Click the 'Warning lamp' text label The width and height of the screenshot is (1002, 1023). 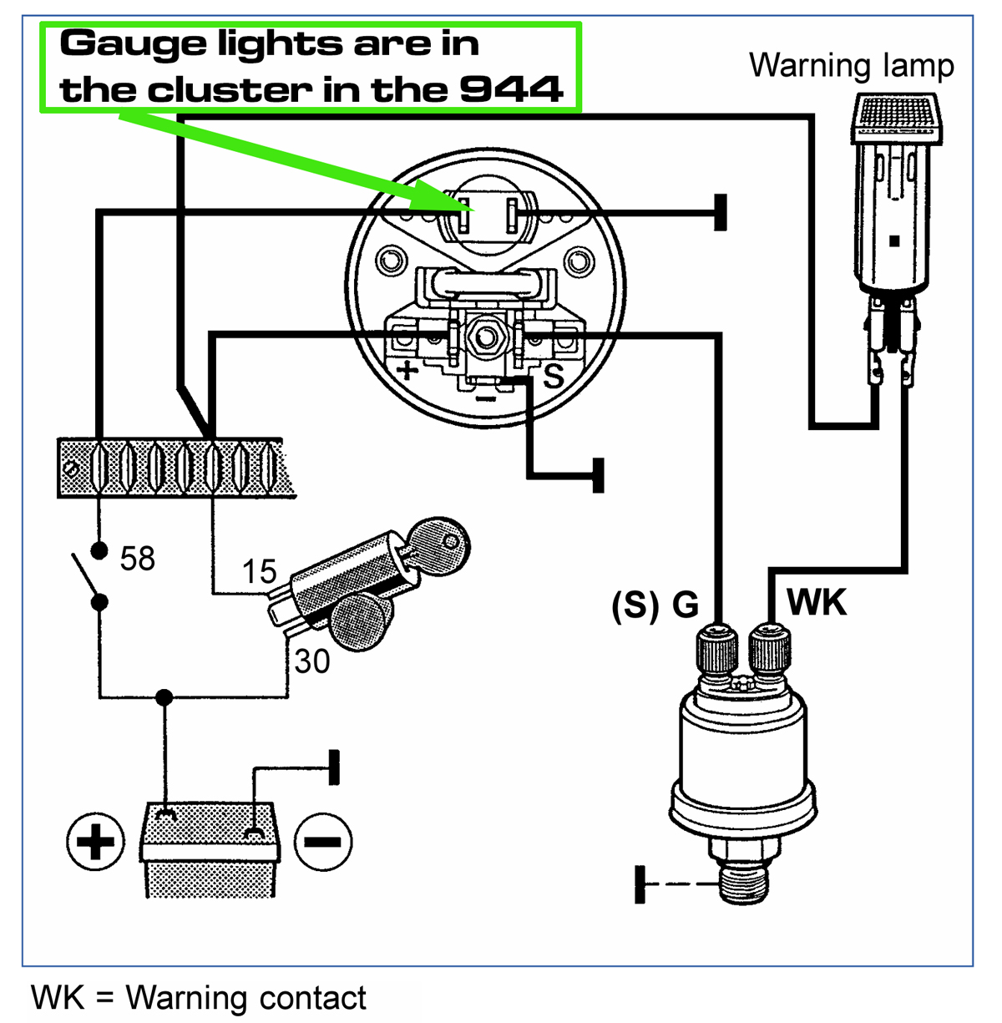coord(851,65)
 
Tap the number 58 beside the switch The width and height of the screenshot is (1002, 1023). coord(137,559)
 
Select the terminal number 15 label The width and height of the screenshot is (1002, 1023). coord(259,572)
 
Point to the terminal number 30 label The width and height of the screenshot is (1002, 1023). coord(311,661)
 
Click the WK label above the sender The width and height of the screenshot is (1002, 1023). coord(816,602)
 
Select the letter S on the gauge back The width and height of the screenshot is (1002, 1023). coord(554,377)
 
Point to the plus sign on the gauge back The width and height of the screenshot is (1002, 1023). coord(407,370)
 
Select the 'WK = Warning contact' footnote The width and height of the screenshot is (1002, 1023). coord(199,998)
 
